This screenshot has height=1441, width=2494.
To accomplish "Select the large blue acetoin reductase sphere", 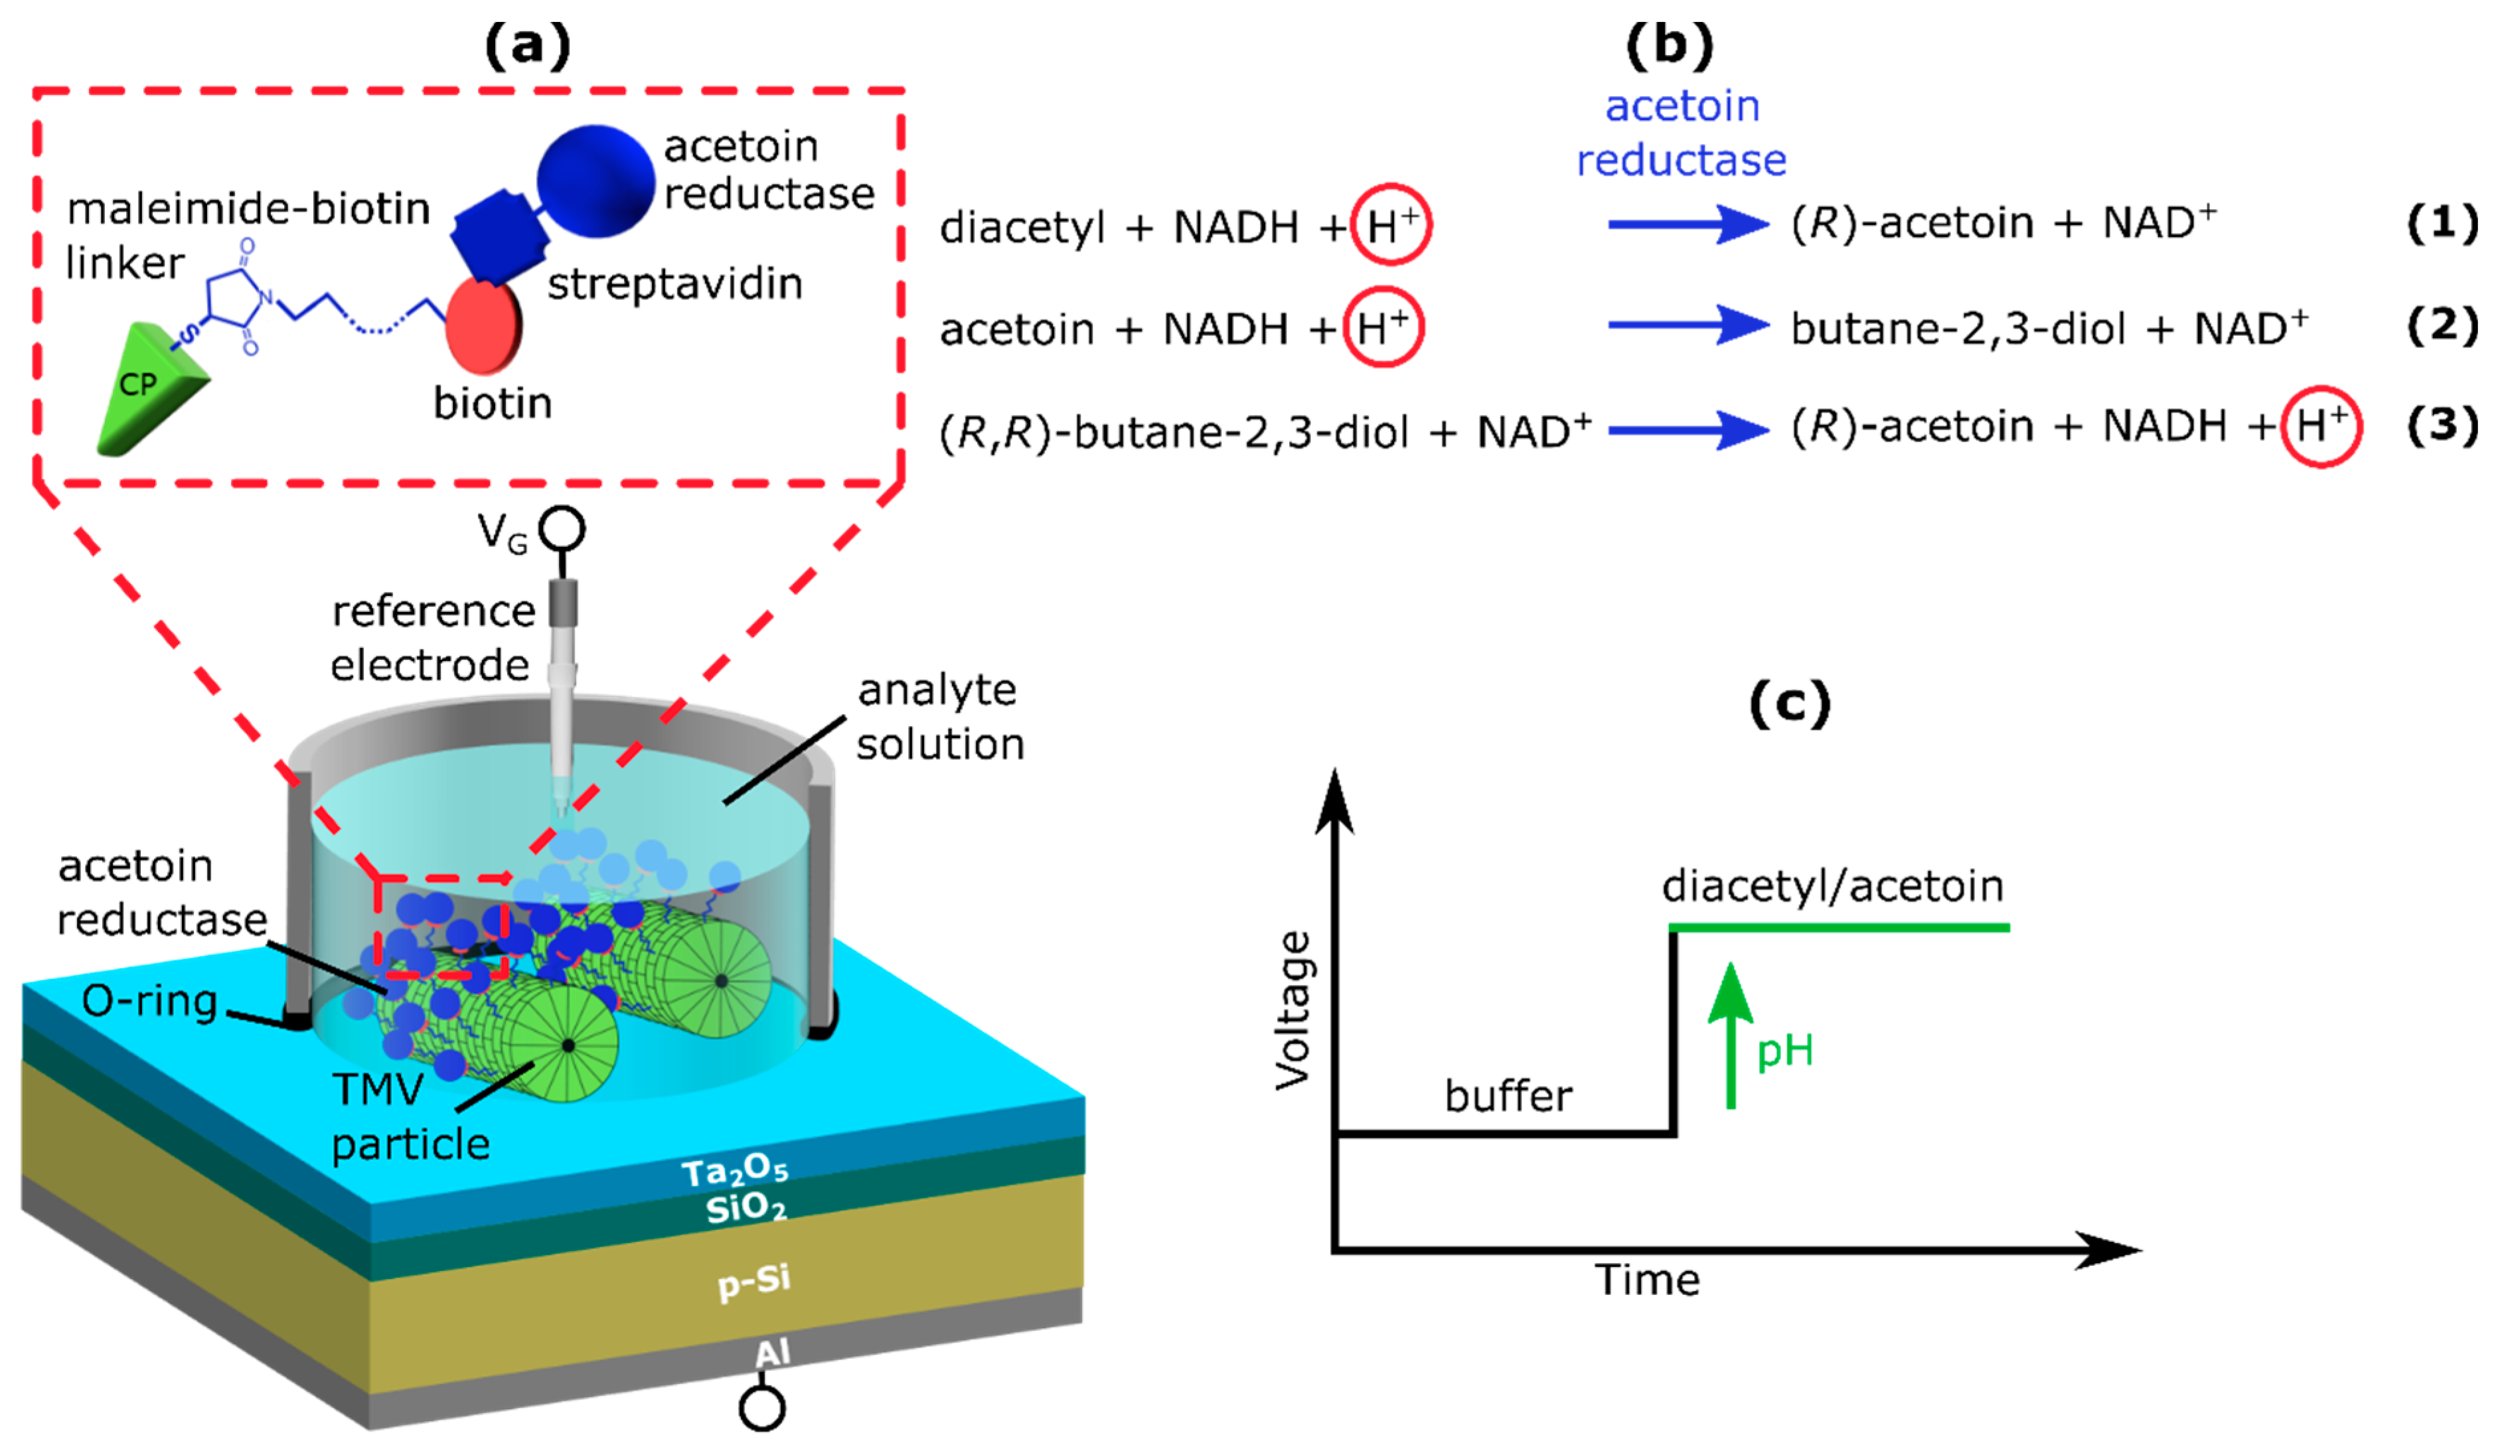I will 596,181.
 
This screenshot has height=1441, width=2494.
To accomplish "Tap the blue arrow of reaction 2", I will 1687,325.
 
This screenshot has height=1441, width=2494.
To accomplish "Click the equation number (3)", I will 2440,425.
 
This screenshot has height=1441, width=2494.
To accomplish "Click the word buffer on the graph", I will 1508,1097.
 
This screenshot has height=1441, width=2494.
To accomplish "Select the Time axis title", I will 1647,1280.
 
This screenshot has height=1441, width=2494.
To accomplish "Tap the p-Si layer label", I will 754,1282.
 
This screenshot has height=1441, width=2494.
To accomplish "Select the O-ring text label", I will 149,1002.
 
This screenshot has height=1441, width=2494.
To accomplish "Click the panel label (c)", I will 1789,705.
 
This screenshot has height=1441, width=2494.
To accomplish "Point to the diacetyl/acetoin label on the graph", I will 1832,886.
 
